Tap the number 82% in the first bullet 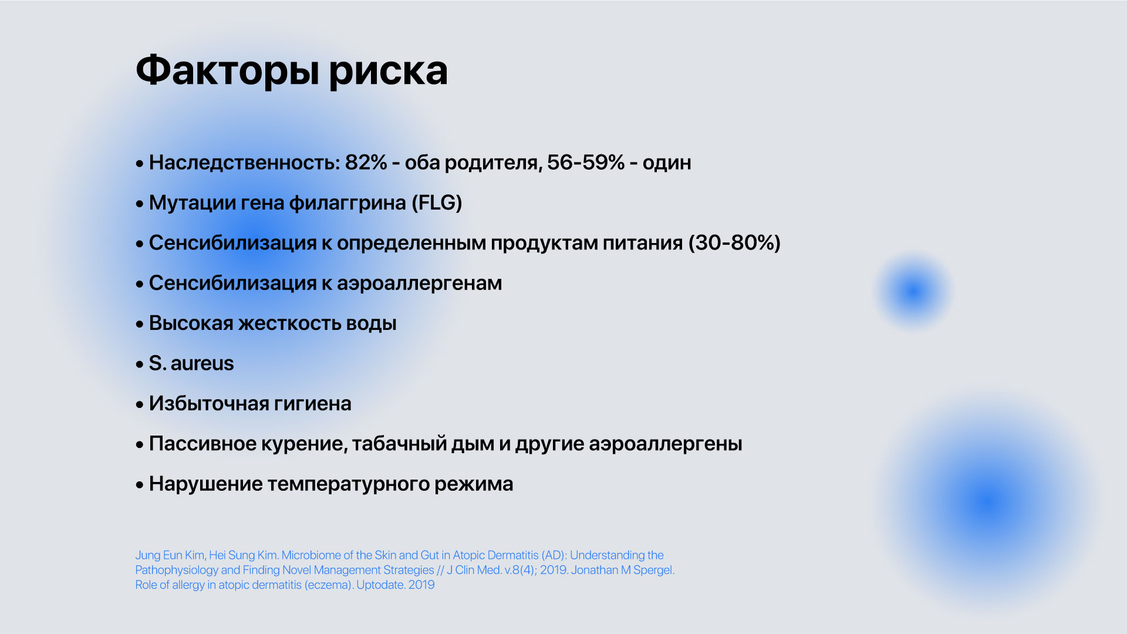[366, 163]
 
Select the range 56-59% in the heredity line [585, 163]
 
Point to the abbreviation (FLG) [437, 203]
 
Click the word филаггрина [347, 203]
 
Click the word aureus [203, 364]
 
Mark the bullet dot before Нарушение [140, 485]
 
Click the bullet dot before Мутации [140, 204]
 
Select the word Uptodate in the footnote [380, 585]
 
